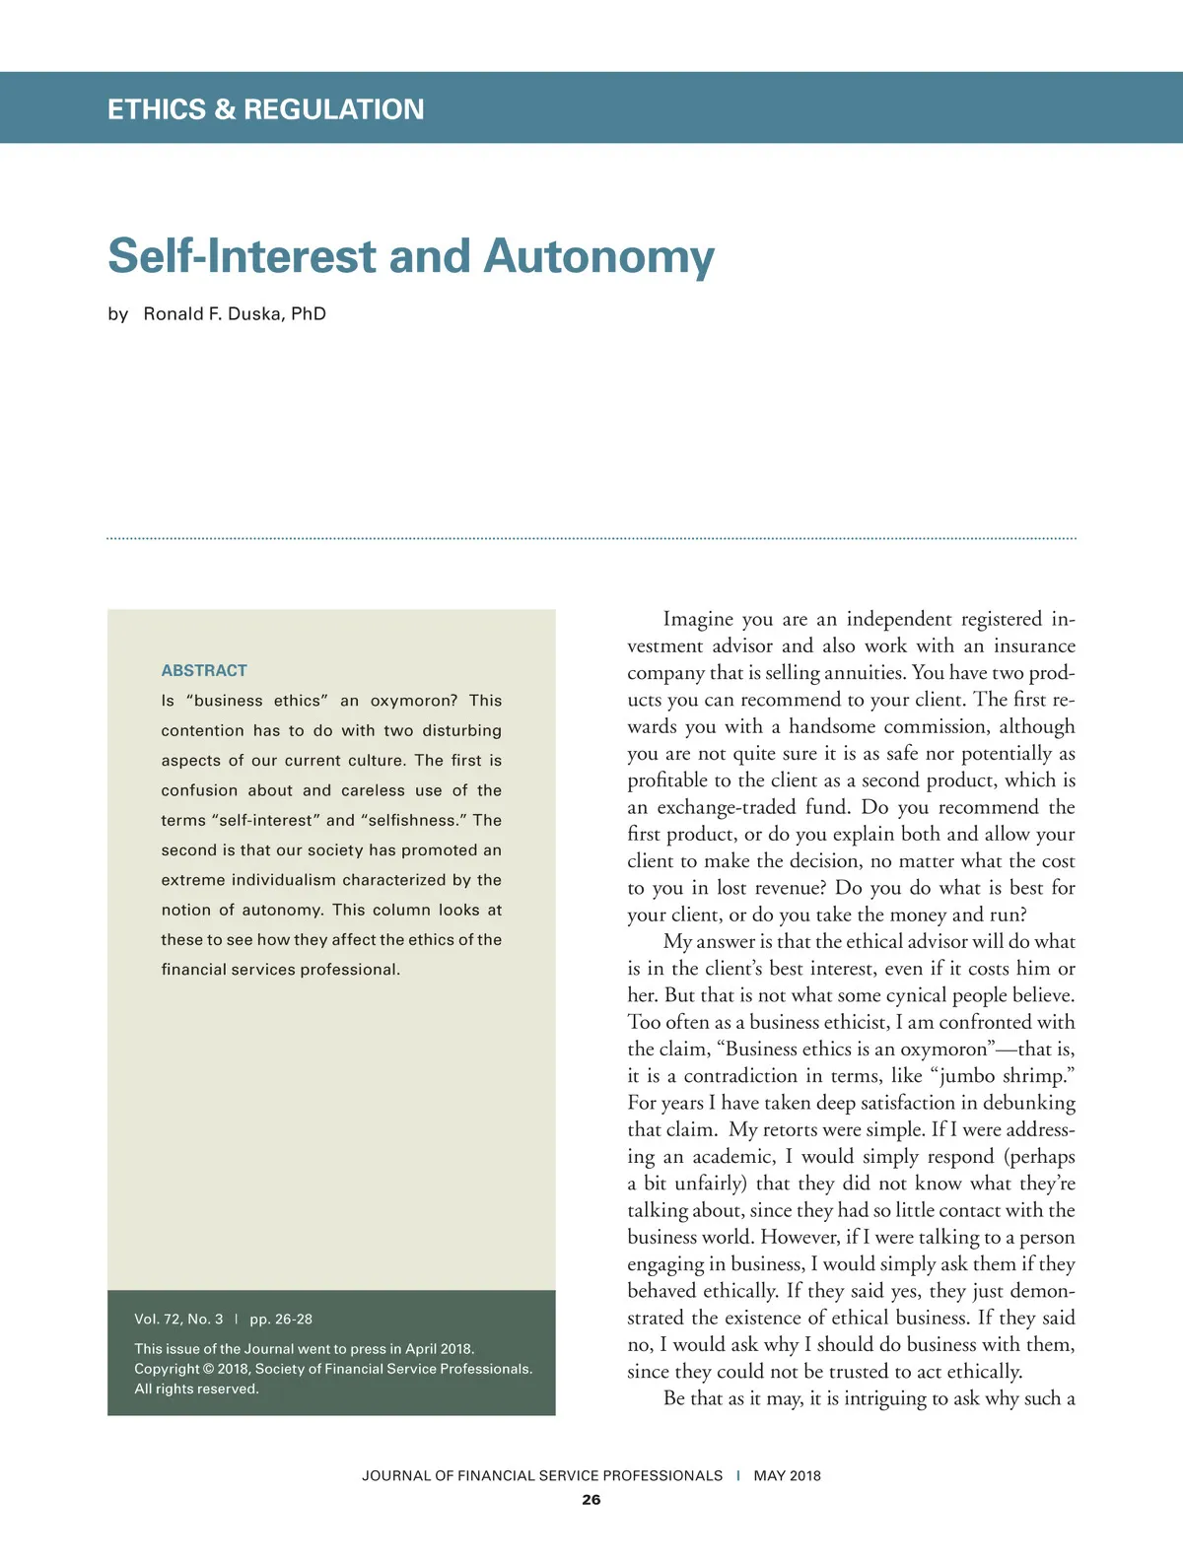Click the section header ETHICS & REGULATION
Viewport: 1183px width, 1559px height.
click(x=265, y=109)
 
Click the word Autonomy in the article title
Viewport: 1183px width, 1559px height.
click(x=598, y=256)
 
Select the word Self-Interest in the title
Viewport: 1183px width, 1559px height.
click(x=243, y=256)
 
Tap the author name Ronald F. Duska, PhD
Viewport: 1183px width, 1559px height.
click(x=235, y=314)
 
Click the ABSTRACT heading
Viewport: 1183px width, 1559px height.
click(x=204, y=670)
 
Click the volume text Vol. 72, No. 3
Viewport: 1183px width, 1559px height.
click(x=178, y=1319)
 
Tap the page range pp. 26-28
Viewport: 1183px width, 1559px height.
click(x=281, y=1319)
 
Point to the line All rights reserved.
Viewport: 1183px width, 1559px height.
click(x=196, y=1389)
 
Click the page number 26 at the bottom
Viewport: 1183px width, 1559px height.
click(x=591, y=1500)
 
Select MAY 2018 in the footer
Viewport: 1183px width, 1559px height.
click(x=787, y=1475)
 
